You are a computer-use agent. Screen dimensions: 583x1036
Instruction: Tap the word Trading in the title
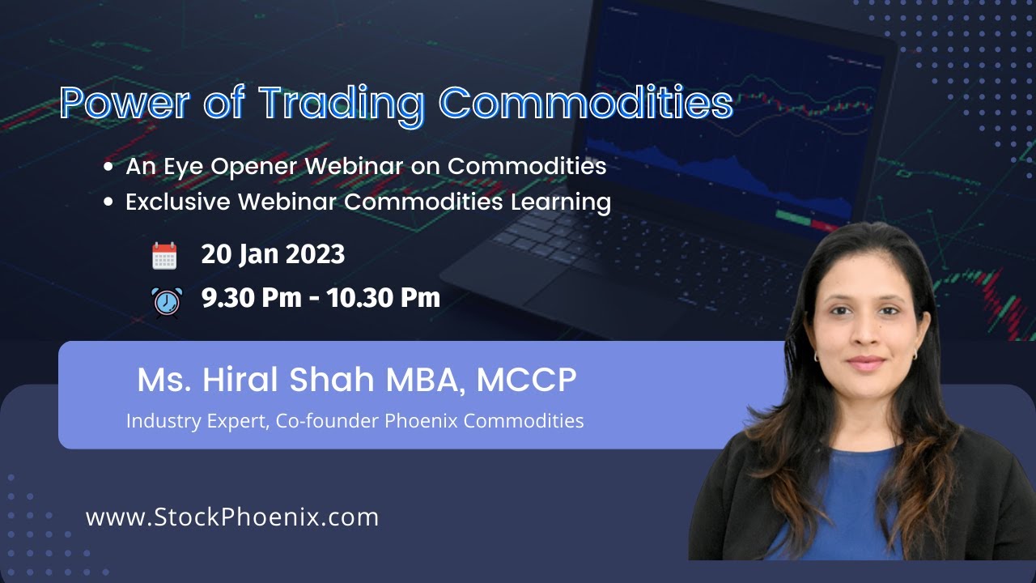pyautogui.click(x=340, y=104)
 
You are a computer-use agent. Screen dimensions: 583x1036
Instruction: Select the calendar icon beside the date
pyautogui.click(x=164, y=256)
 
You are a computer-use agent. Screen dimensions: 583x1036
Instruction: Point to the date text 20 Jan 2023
pyautogui.click(x=273, y=254)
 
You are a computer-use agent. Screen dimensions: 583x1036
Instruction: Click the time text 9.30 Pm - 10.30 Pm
pyautogui.click(x=321, y=298)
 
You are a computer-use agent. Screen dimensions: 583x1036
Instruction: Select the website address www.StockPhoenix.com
pyautogui.click(x=232, y=517)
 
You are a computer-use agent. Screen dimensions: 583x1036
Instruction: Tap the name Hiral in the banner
pyautogui.click(x=236, y=381)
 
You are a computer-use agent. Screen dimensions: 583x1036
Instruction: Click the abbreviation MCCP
pyautogui.click(x=526, y=381)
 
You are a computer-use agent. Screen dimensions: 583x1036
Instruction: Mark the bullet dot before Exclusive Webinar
pyautogui.click(x=108, y=202)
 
